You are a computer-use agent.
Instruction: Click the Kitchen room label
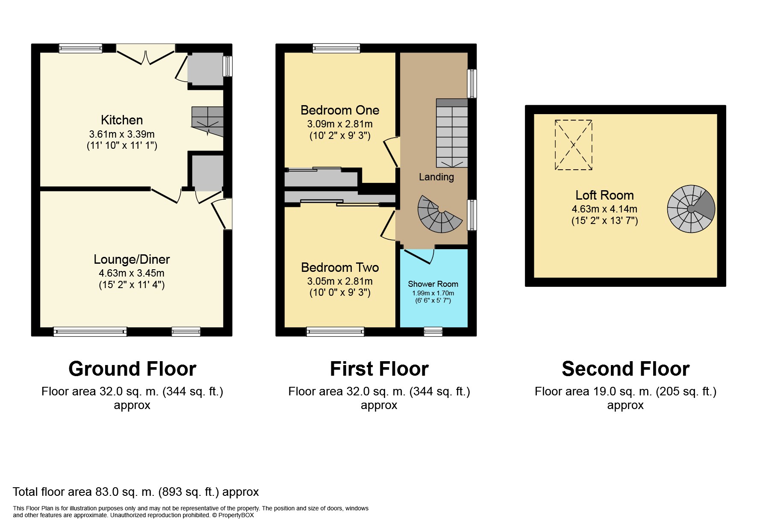coord(122,120)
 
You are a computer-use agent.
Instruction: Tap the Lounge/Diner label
coord(132,259)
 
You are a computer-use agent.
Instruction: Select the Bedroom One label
coord(340,110)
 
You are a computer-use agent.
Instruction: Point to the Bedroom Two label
coord(340,268)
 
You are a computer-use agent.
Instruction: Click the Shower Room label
coord(433,284)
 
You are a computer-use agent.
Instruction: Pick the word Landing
coord(436,177)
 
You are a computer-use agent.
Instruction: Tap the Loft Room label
coord(604,195)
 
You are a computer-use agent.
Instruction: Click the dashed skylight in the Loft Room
coord(574,145)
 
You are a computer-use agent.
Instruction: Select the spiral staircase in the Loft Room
coord(691,209)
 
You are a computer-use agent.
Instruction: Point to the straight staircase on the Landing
coord(452,133)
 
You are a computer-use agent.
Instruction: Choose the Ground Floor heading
coord(132,369)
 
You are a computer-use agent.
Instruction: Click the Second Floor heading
coord(625,369)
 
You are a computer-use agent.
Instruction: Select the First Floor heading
coord(379,369)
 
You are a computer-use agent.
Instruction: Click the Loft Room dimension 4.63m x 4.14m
coord(604,209)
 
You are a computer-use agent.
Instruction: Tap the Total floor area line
coord(136,492)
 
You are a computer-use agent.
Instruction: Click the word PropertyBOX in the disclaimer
coord(236,515)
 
